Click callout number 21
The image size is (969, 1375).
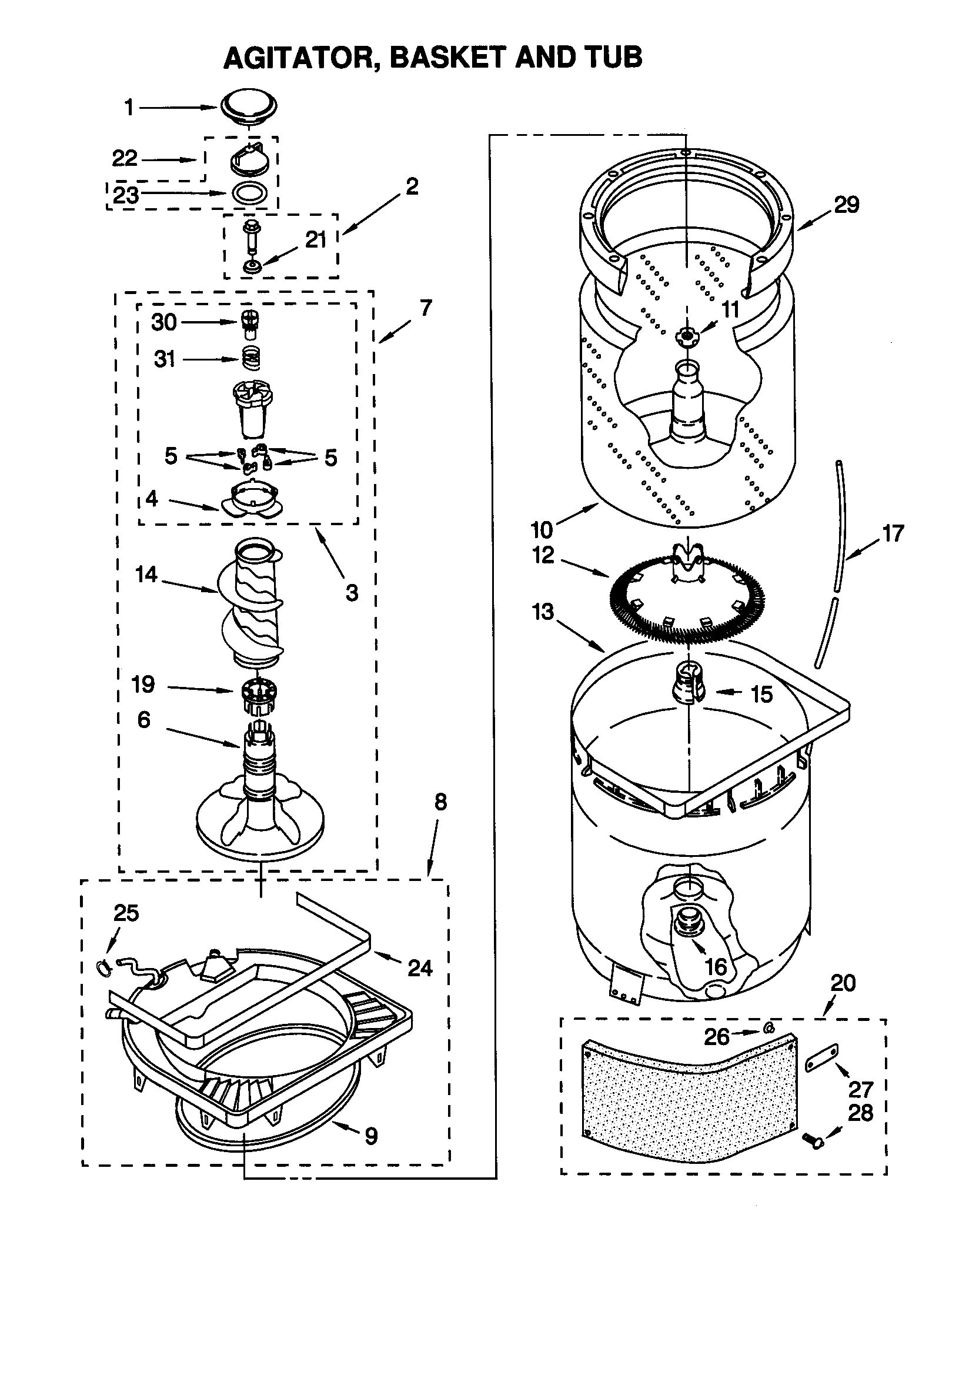(316, 239)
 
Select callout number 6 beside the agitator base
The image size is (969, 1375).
(143, 719)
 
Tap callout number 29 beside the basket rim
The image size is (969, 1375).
(846, 205)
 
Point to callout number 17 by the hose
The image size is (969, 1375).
(893, 533)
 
